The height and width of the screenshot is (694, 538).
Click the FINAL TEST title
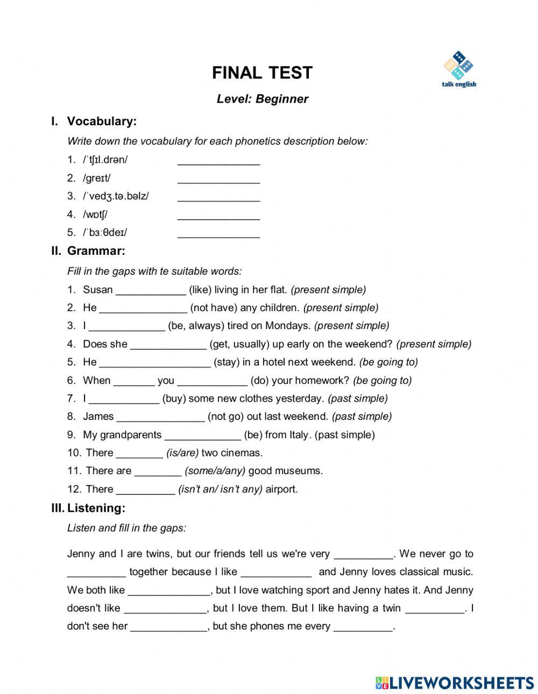(262, 73)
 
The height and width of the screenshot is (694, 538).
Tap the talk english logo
(458, 70)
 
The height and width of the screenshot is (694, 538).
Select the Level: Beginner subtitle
(262, 99)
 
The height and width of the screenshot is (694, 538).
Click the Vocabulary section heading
(102, 121)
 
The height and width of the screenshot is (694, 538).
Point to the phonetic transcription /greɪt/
(96, 178)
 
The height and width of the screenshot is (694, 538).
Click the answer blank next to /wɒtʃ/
(218, 215)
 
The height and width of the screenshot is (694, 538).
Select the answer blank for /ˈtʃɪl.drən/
(218, 161)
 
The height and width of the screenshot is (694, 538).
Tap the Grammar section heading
(96, 251)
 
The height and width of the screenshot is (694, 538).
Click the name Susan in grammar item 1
(97, 290)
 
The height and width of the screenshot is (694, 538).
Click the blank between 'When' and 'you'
(134, 381)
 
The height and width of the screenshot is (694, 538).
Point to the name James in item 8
(98, 417)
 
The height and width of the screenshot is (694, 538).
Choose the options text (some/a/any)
(215, 471)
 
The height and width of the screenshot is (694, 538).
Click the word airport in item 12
(281, 489)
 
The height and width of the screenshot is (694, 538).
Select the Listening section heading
(96, 508)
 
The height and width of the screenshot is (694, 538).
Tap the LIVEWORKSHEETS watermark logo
(455, 683)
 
